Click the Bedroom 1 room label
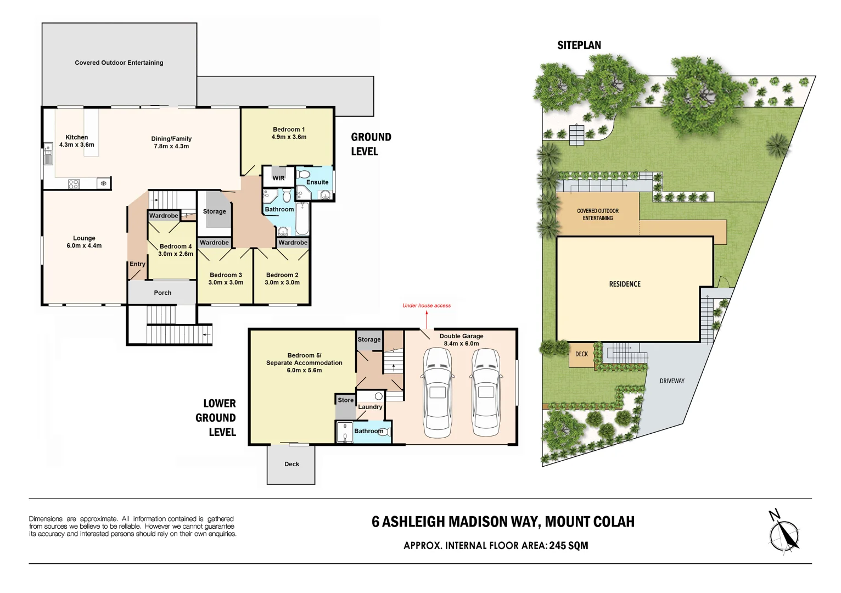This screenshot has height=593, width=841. [x=289, y=130]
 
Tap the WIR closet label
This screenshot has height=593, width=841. [x=278, y=178]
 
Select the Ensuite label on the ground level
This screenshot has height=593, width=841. [x=317, y=182]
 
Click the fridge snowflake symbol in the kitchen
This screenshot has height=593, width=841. [x=103, y=183]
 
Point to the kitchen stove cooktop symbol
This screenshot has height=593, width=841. [x=75, y=184]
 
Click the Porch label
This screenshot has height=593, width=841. [x=162, y=293]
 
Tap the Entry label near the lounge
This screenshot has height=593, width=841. [x=137, y=264]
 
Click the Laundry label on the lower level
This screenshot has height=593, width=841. [x=370, y=407]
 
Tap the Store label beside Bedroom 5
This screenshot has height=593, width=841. [x=345, y=400]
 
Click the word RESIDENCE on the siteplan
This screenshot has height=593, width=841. [x=625, y=284]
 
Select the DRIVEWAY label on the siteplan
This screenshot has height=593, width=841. [x=672, y=381]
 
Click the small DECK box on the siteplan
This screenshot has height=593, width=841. [x=581, y=354]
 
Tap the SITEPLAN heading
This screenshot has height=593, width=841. [x=579, y=46]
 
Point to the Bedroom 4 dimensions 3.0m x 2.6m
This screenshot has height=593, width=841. [x=176, y=254]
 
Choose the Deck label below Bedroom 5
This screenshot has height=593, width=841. [x=291, y=464]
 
